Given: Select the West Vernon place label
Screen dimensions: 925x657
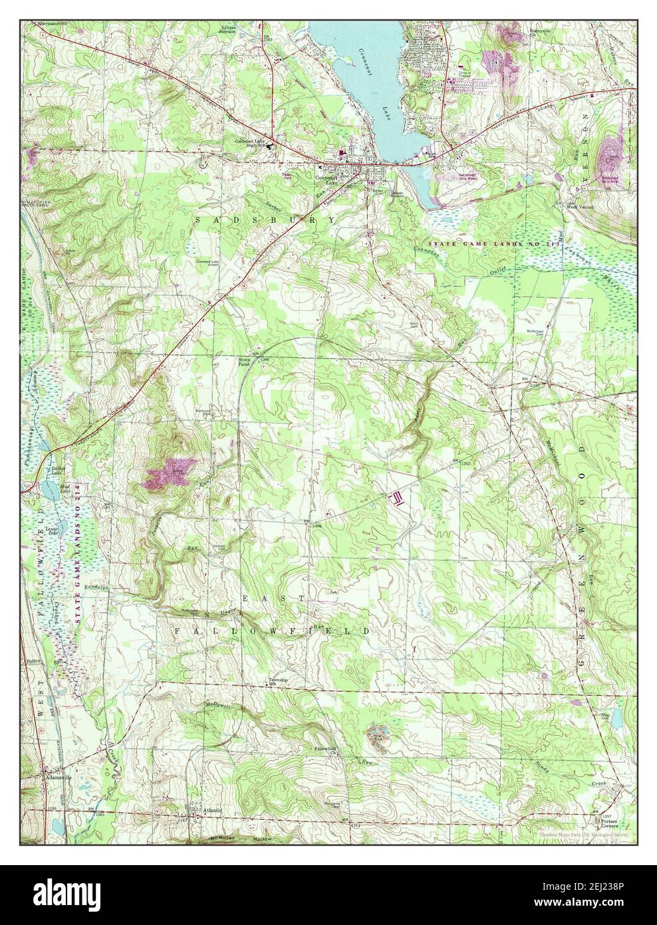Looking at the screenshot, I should [x=580, y=206].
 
